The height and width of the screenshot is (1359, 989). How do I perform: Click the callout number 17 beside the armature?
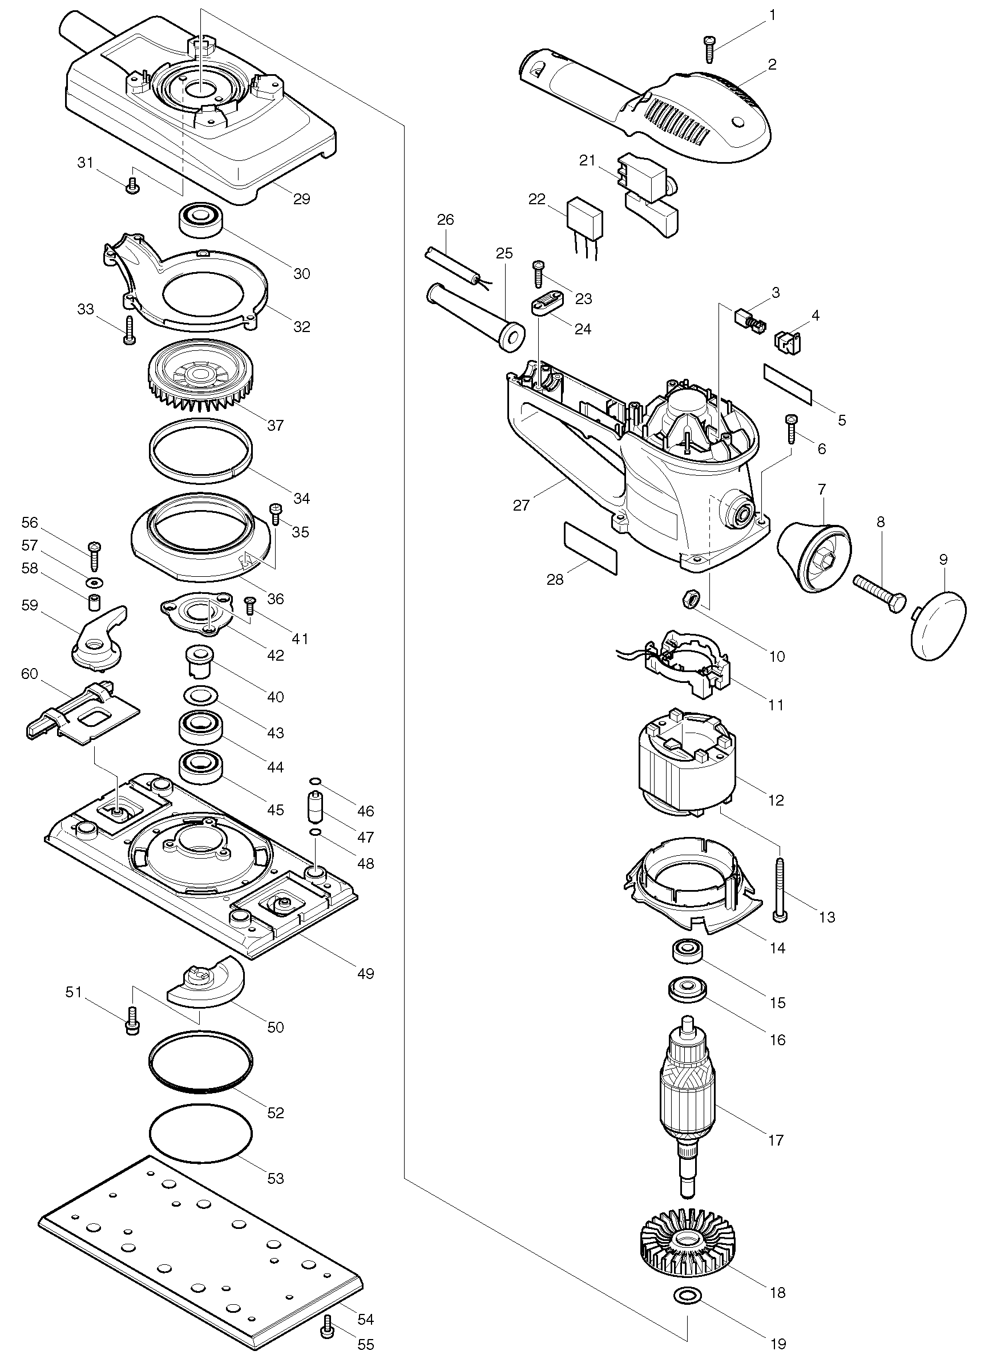point(776,1140)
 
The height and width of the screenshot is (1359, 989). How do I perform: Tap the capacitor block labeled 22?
point(584,228)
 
